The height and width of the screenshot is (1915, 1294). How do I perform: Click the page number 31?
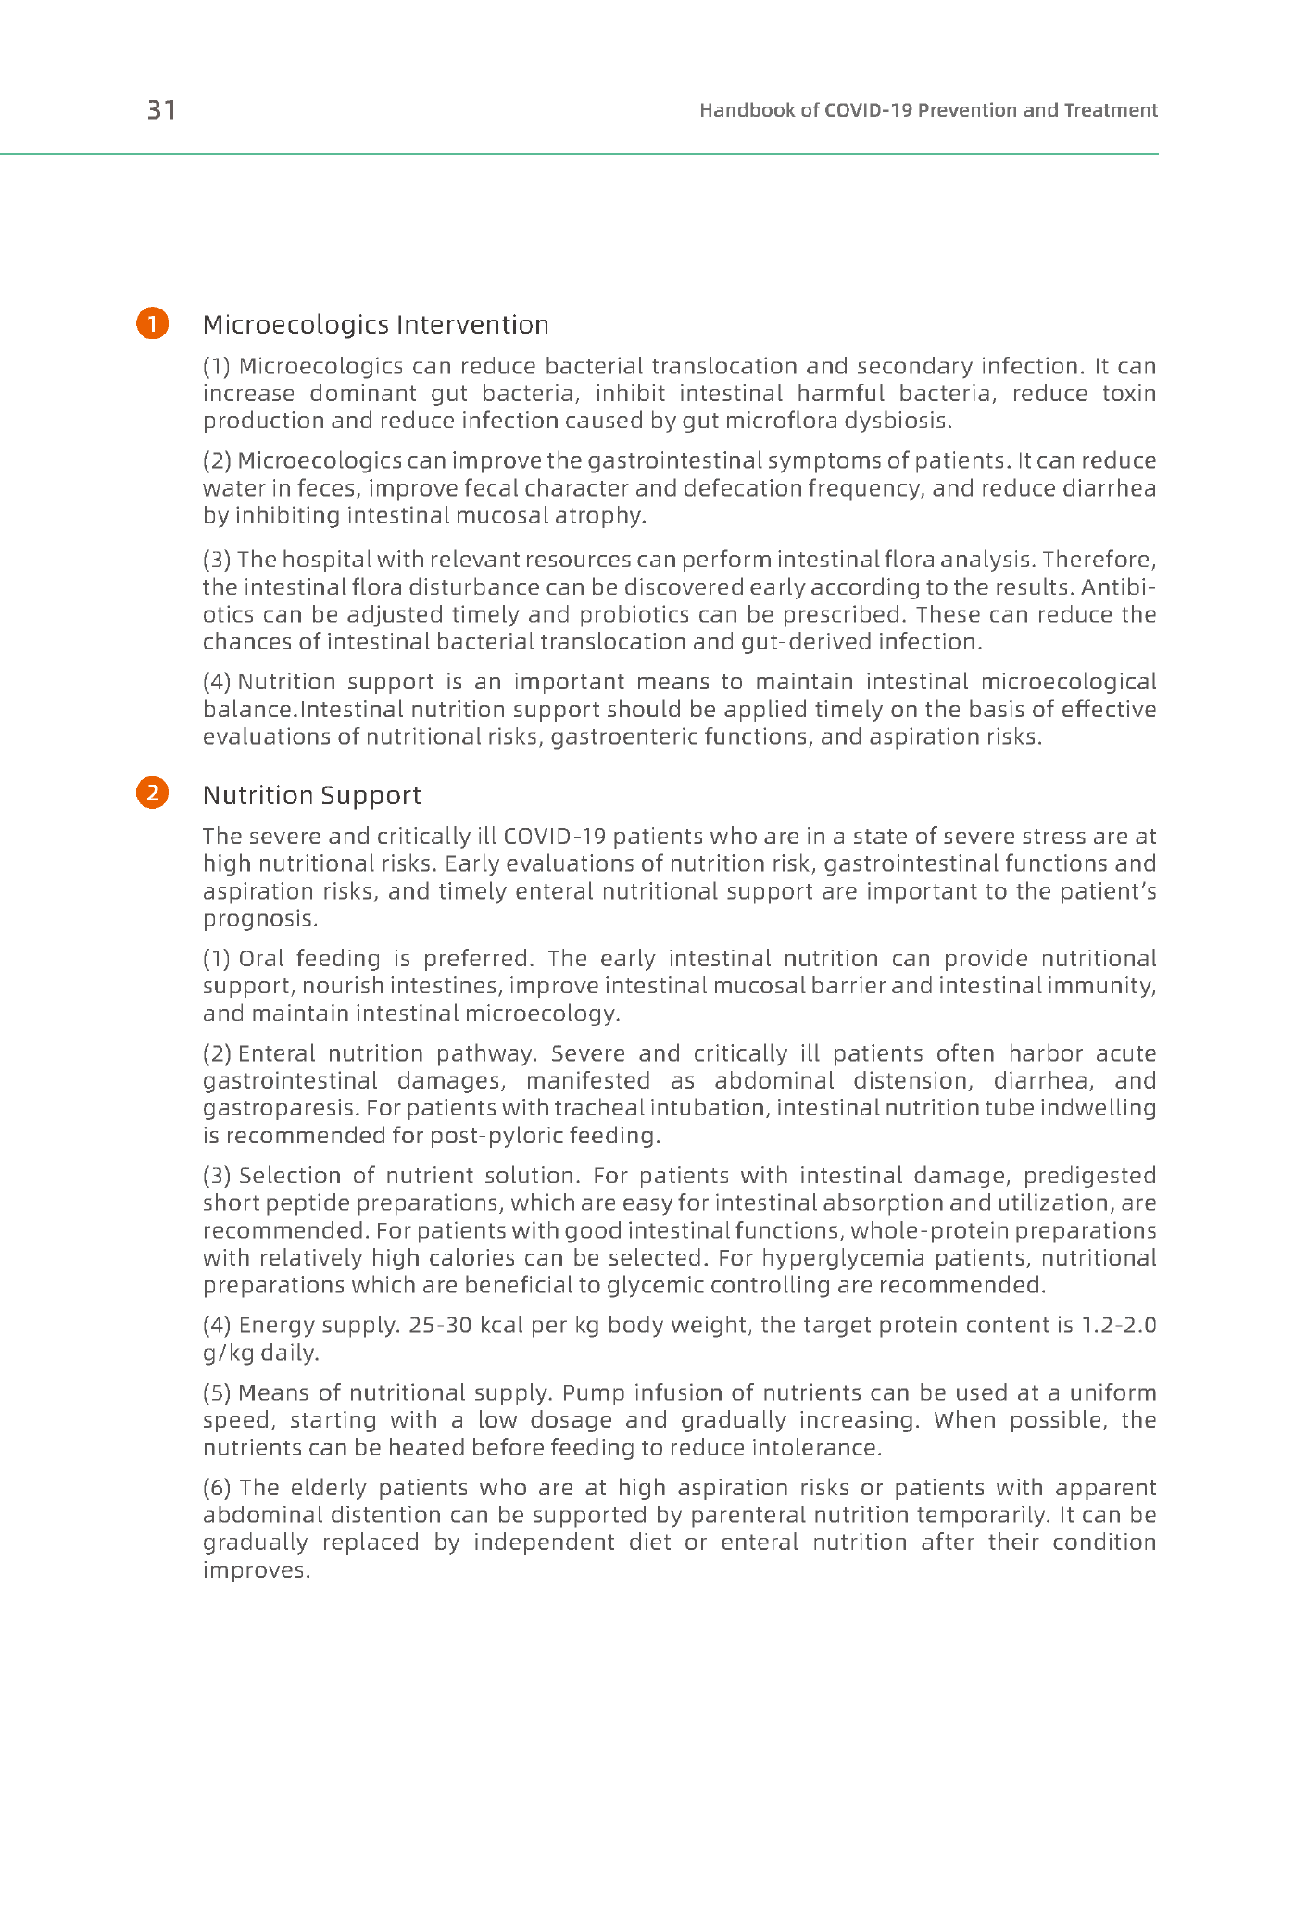click(161, 110)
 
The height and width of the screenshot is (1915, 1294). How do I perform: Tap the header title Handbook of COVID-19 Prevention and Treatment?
click(928, 110)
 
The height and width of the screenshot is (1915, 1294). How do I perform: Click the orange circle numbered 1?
click(153, 323)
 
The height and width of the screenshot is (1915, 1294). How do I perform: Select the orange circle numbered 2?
click(153, 793)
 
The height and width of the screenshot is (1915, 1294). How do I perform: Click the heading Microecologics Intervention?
click(375, 324)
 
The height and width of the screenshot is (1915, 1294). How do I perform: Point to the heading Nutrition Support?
click(311, 795)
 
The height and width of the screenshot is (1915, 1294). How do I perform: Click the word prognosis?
click(260, 919)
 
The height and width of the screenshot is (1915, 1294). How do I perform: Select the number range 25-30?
click(440, 1325)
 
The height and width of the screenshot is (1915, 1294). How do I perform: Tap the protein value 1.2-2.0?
click(1119, 1325)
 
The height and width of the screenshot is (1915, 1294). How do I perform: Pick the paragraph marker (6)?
click(217, 1488)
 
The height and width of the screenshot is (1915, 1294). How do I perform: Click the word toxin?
click(1129, 394)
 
